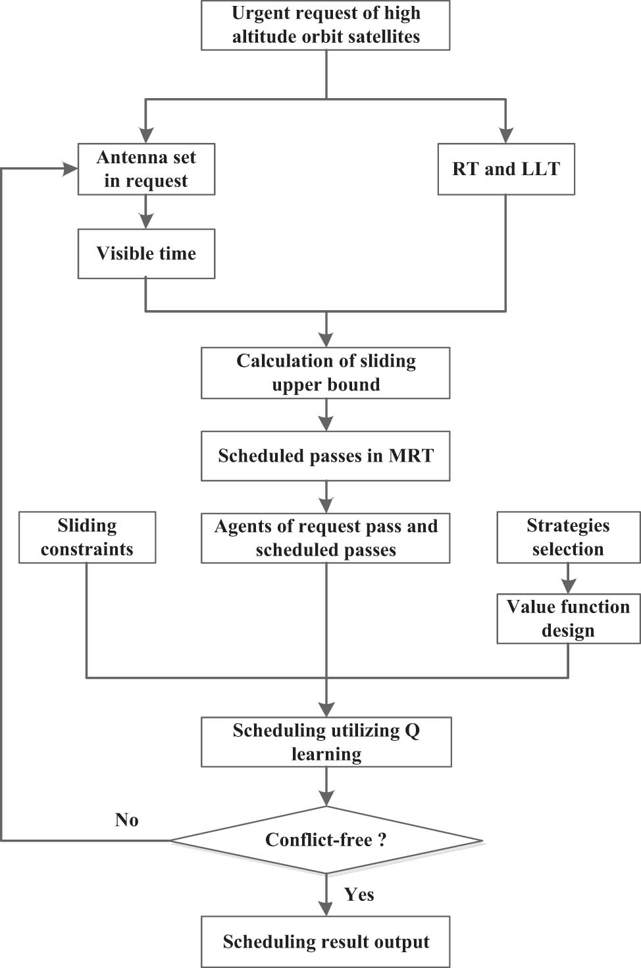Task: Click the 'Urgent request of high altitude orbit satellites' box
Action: coord(325,25)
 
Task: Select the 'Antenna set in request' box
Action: coord(146,169)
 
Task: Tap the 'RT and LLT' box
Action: coord(505,169)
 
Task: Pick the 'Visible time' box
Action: coord(146,254)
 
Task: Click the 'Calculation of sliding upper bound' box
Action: coord(325,373)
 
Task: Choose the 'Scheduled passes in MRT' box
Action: coord(325,456)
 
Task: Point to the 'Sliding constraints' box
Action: coord(87,537)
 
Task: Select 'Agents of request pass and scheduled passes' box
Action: coord(325,538)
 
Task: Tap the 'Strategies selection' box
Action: coord(568,537)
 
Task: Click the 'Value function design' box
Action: coord(568,618)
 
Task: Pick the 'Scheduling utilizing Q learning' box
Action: coord(326,742)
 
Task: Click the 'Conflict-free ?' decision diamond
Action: coord(326,840)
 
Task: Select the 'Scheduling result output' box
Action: coord(325,942)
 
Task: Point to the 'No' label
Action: coord(126,820)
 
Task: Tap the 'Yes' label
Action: coord(359,894)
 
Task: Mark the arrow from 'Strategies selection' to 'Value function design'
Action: coord(568,579)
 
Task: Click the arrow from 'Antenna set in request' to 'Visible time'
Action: coord(146,213)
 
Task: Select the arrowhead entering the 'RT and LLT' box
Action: coord(505,135)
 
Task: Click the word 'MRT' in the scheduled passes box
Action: coord(411,456)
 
